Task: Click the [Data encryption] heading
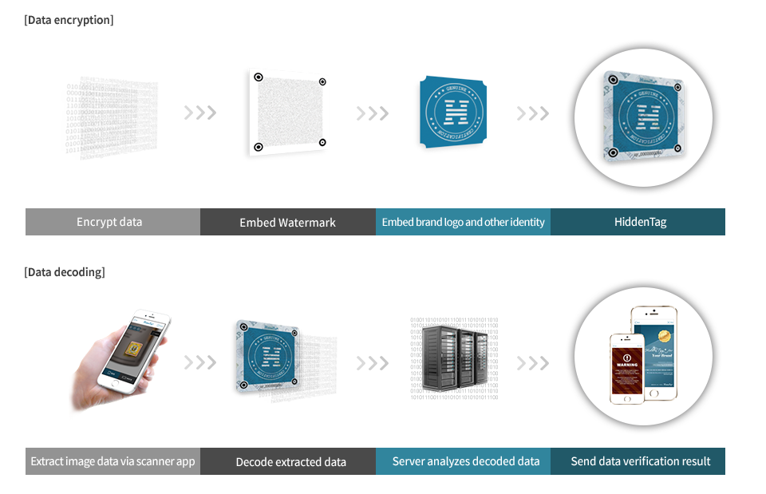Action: tap(69, 20)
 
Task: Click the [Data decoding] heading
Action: tap(65, 272)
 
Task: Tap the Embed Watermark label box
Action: tap(287, 222)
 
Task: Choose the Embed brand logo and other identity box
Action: tap(463, 222)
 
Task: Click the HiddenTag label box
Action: tap(638, 222)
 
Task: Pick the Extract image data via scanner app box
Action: tap(113, 461)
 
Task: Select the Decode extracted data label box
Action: tap(287, 461)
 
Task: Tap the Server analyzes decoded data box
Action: tap(463, 461)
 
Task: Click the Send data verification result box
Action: tap(638, 461)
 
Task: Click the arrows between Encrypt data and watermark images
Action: tap(199, 113)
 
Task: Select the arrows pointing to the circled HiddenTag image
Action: tap(532, 113)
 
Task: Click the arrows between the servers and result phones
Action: tap(532, 364)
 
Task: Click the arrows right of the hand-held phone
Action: tap(199, 364)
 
